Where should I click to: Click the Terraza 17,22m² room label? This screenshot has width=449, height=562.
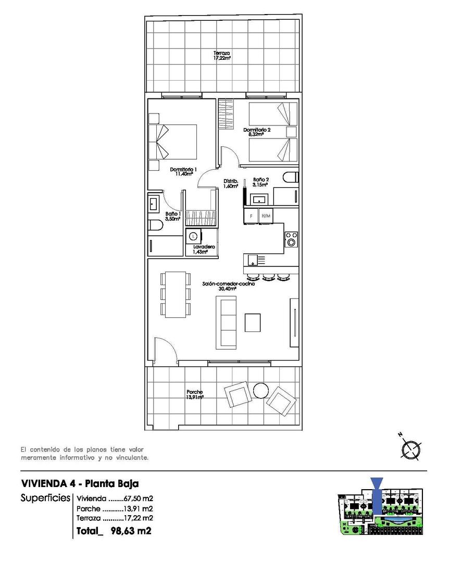coord(222,56)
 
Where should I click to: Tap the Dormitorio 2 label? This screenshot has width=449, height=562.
coord(257,132)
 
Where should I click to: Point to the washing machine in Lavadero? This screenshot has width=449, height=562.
coord(194,236)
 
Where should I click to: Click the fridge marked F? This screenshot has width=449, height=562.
coord(252,215)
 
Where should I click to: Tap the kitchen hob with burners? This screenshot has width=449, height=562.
coord(291,238)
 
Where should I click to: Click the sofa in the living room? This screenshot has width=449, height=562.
coord(227,322)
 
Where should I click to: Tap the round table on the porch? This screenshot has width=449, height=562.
coord(260,389)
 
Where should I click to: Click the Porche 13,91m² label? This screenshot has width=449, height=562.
coord(194,394)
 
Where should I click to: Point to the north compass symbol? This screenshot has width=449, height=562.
coord(411,450)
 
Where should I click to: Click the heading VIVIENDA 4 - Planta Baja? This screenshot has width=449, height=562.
coord(80,483)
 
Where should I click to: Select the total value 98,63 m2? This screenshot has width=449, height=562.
coord(131,531)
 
